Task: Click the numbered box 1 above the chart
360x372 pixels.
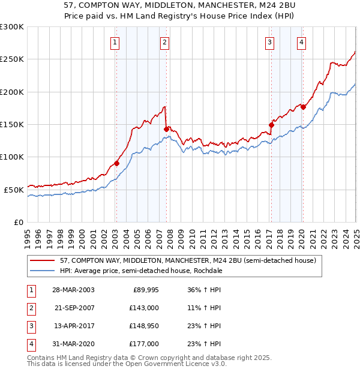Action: (x=114, y=42)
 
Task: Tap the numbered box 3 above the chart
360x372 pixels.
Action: (x=270, y=42)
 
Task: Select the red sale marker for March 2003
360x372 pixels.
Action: (x=117, y=163)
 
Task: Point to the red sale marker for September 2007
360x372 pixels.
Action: (x=166, y=128)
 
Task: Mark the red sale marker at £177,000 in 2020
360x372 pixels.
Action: (x=303, y=107)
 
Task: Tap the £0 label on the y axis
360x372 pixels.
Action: (x=18, y=222)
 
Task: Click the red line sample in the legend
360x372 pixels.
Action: (x=43, y=261)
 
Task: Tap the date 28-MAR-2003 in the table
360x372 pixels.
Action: (x=73, y=290)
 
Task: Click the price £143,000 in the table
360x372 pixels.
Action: (x=144, y=307)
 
